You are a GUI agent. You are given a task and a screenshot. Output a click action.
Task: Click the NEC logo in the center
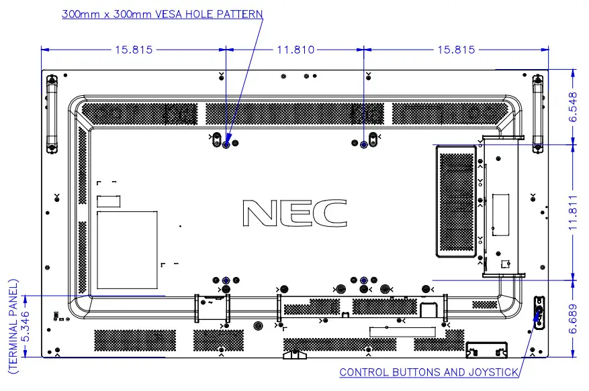(295, 213)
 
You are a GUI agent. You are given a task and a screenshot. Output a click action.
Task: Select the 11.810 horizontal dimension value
(296, 50)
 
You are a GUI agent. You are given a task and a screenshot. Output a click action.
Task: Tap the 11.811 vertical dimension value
(573, 211)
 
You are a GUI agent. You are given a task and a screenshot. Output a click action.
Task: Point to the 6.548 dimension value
(573, 107)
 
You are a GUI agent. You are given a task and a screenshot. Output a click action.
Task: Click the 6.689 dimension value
(573, 318)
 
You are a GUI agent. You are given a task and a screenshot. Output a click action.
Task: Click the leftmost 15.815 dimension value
(134, 50)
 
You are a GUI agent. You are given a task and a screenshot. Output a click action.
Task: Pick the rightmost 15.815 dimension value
(455, 50)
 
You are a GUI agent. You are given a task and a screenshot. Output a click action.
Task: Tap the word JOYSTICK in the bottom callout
(494, 372)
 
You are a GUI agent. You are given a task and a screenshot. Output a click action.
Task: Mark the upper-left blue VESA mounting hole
(226, 144)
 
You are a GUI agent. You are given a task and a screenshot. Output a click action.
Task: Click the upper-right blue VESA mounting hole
(363, 144)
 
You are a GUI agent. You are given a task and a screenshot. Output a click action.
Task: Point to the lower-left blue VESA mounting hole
(226, 280)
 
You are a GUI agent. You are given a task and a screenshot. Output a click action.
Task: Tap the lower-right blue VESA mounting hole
(363, 280)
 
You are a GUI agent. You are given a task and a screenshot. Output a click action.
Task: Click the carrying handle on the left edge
(51, 114)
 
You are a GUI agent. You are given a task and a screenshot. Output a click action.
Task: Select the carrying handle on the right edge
(537, 114)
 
